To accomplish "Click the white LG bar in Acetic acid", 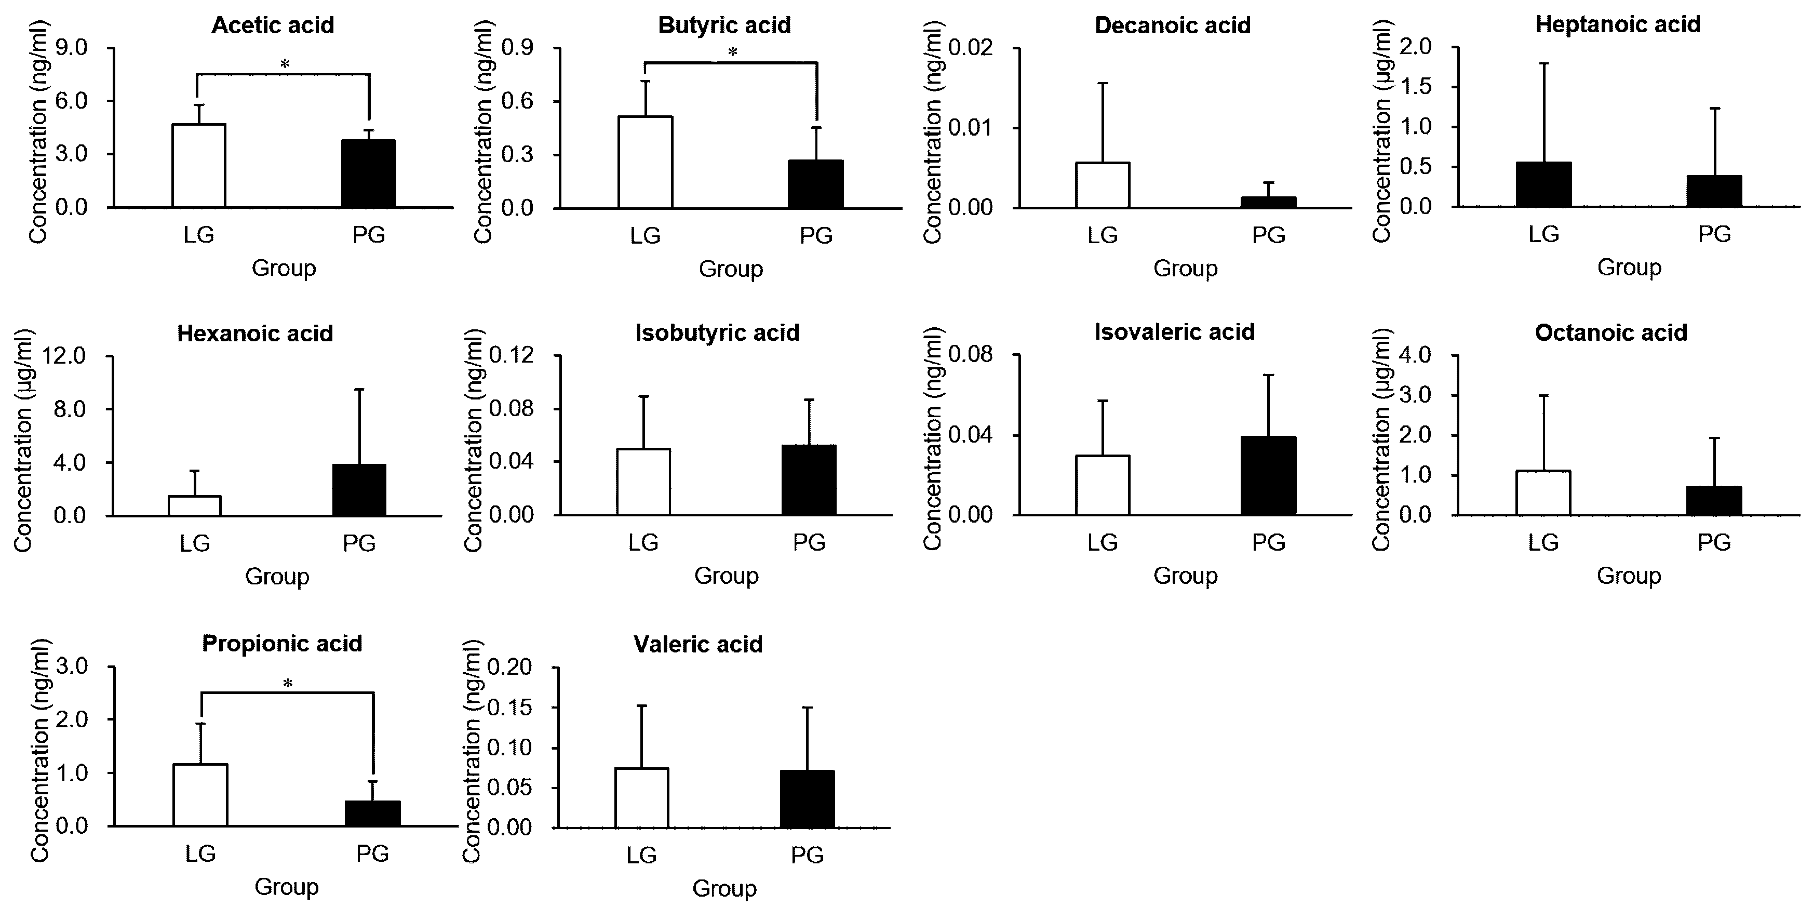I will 198,166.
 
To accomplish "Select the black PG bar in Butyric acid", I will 816,184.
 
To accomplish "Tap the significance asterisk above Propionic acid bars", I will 287,683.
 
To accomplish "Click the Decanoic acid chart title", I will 1173,25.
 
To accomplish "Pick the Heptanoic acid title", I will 1617,24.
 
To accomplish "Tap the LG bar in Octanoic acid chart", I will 1543,493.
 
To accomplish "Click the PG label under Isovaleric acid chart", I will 1268,542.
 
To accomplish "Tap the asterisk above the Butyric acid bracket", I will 732,52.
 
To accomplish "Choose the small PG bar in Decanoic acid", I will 1268,203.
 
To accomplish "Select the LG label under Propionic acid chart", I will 200,853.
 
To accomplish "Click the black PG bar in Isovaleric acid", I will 1268,476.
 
